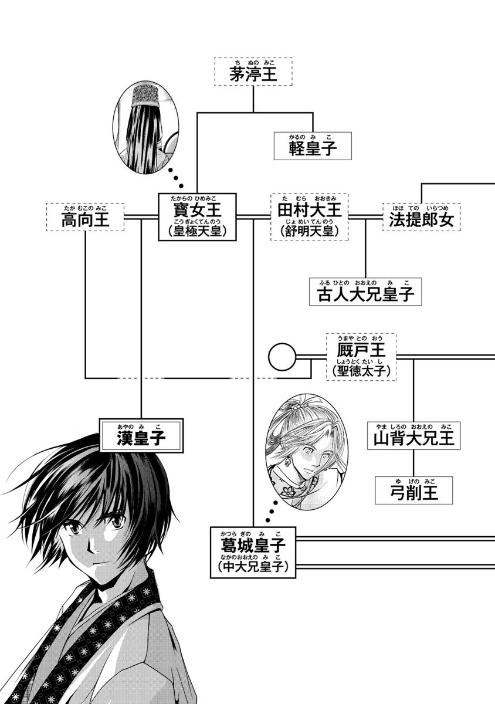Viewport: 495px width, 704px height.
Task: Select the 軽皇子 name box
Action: [313, 145]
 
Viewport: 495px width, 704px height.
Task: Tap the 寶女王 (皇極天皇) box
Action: [196, 216]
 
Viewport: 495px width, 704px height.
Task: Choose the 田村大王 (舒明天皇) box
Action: [309, 216]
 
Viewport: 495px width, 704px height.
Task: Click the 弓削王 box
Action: [415, 490]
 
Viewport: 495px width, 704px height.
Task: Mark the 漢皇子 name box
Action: [141, 435]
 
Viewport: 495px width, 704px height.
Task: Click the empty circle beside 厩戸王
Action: [280, 356]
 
